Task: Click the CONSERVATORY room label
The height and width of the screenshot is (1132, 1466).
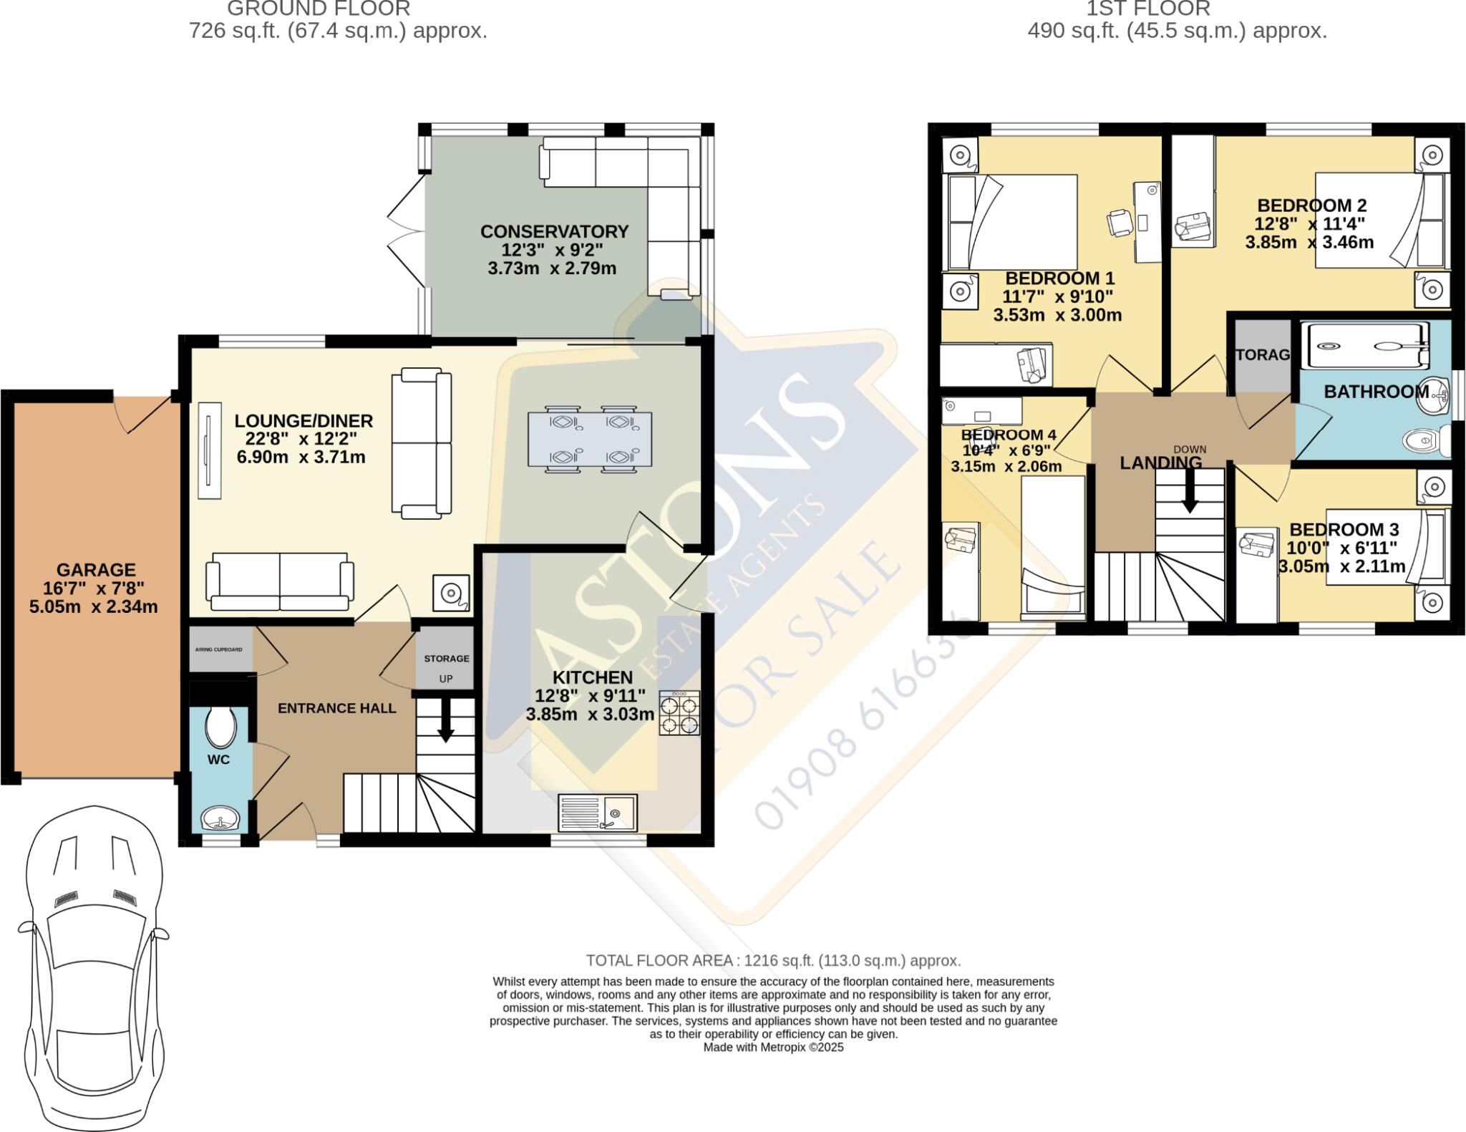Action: point(554,231)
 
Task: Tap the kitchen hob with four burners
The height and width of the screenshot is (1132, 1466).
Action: point(679,713)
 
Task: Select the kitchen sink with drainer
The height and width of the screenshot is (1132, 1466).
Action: point(598,812)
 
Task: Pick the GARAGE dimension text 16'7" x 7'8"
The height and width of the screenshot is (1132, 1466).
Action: point(96,589)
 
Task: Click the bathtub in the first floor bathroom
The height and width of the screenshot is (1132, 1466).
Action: point(1367,346)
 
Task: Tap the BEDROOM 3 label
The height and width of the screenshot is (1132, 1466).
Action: point(1344,530)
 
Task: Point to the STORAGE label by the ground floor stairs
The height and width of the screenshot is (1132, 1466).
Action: point(446,659)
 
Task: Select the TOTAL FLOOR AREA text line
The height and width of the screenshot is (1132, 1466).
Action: point(773,961)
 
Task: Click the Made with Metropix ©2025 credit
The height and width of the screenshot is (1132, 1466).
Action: point(773,1048)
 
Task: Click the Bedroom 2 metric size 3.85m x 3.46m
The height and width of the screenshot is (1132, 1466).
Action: point(1309,243)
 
